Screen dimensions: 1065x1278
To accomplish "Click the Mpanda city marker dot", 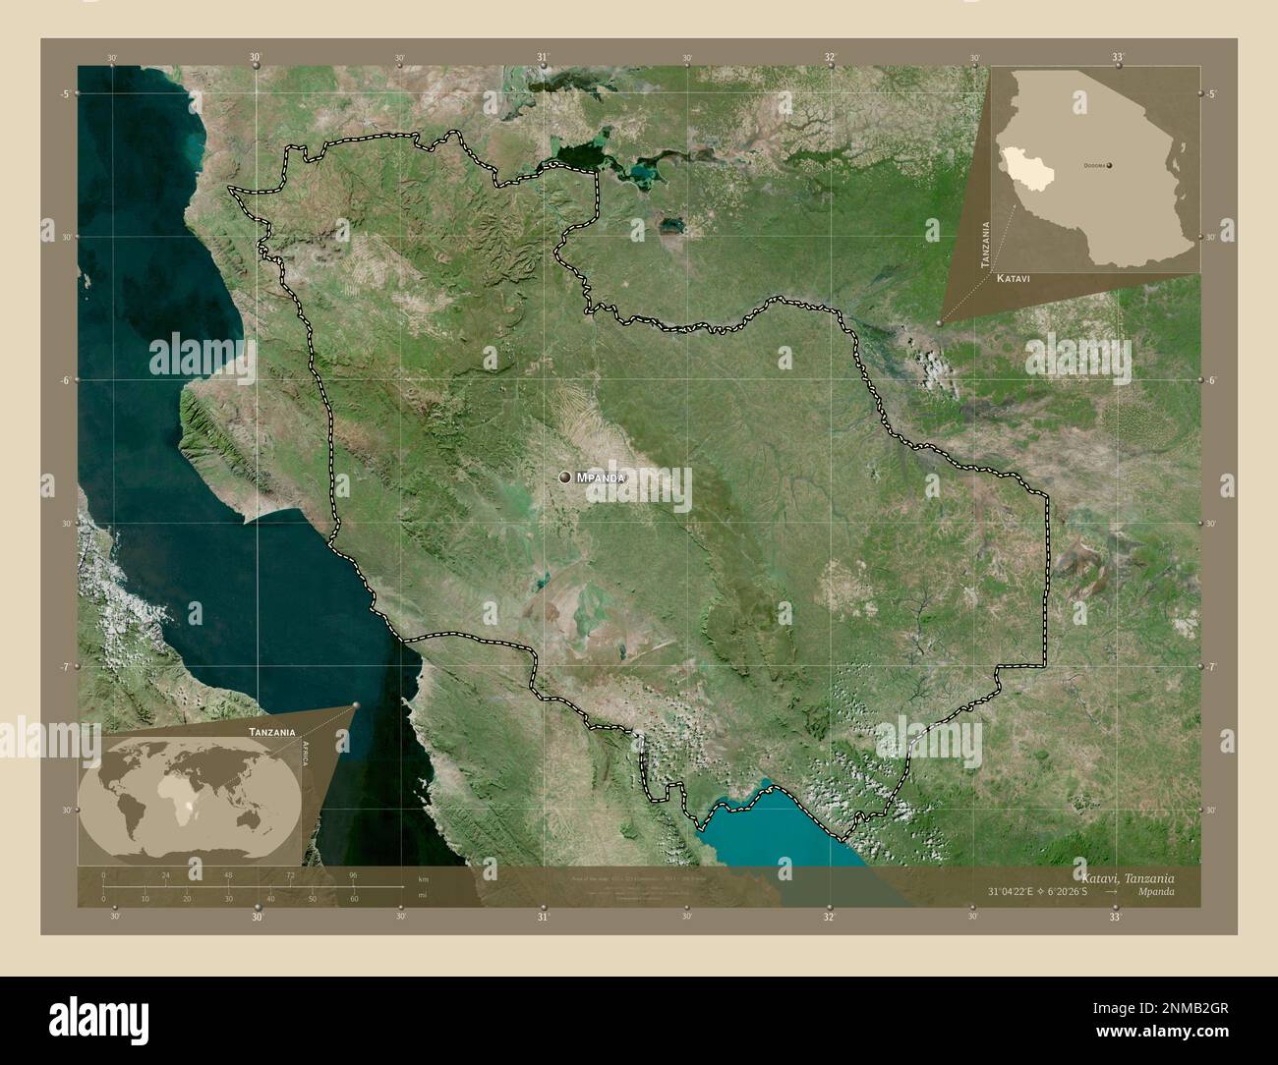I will pos(565,477).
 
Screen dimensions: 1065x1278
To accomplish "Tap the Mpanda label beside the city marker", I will pos(600,477).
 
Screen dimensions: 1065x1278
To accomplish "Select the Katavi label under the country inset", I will pos(1013,279).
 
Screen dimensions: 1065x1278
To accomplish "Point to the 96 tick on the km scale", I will pos(353,874).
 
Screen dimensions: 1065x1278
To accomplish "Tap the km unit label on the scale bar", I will pos(423,878).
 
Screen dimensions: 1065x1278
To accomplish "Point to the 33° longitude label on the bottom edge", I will pos(1115,918).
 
